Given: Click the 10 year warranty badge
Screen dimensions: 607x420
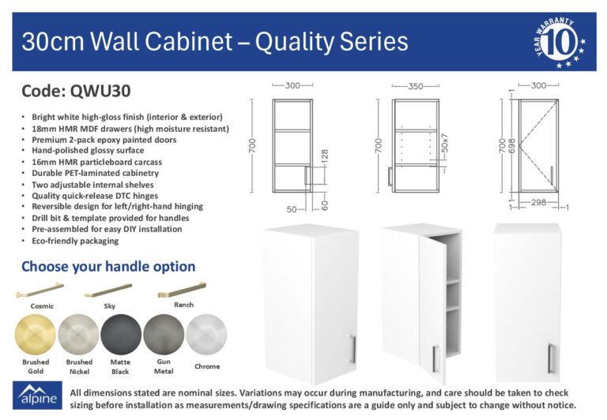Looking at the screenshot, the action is click(560, 42).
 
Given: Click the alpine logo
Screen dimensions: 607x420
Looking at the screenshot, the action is click(37, 395).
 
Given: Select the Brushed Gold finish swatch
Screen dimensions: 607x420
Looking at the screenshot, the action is click(36, 335).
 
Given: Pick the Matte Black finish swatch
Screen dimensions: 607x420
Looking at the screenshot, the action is click(121, 335).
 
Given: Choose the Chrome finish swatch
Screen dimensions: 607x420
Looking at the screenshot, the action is click(206, 335).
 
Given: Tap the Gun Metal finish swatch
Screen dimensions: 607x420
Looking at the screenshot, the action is click(164, 335).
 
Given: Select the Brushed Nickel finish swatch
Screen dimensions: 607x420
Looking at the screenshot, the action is click(78, 335).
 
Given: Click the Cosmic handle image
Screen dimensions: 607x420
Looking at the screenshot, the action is click(40, 290).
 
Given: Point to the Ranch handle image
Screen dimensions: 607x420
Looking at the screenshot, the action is click(182, 290).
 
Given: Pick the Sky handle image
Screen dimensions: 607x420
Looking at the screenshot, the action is click(108, 291).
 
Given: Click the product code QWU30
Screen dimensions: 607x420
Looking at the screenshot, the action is click(100, 92).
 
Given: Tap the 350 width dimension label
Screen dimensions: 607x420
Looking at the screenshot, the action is click(416, 86).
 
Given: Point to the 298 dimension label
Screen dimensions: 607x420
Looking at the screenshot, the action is click(538, 202).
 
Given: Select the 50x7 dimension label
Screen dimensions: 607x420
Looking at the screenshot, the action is click(445, 143).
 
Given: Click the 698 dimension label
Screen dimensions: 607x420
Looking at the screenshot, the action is click(512, 145).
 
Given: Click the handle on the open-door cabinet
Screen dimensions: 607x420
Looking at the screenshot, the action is click(435, 358).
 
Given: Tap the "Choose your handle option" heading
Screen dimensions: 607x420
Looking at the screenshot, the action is click(108, 267).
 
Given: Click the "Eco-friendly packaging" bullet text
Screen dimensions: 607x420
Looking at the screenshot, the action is click(75, 241).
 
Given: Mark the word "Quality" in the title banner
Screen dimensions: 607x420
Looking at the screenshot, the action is click(293, 42).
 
